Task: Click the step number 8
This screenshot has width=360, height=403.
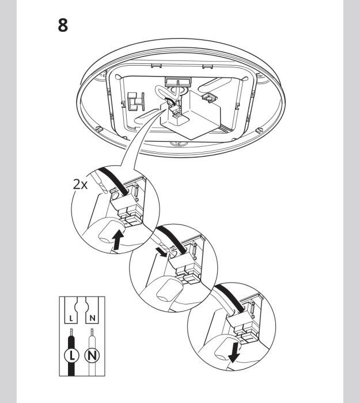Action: click(x=63, y=26)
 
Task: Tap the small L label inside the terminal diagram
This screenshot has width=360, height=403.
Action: click(x=71, y=317)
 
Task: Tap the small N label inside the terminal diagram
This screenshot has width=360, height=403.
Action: click(x=92, y=317)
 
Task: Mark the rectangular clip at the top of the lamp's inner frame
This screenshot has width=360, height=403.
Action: click(x=174, y=82)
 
